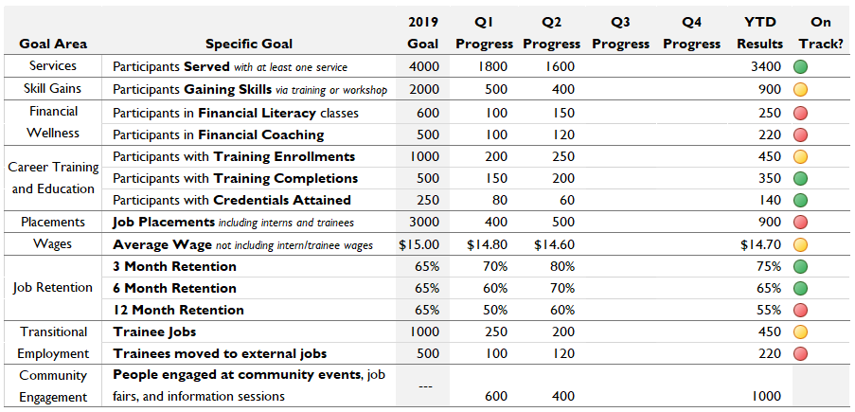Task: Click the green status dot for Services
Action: coord(800,67)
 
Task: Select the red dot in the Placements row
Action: coord(800,223)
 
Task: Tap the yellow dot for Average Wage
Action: coord(800,244)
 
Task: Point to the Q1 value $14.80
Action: coord(489,244)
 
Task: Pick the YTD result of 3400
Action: coord(766,67)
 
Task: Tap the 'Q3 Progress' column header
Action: coord(621,33)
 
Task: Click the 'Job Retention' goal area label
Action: coord(52,288)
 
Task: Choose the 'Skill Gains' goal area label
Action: coord(52,89)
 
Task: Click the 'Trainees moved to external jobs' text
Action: coord(220,353)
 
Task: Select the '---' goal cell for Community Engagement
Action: coord(424,385)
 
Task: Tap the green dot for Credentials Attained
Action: coord(800,201)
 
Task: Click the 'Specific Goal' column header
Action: coord(249,44)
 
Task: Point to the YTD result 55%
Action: coord(769,310)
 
